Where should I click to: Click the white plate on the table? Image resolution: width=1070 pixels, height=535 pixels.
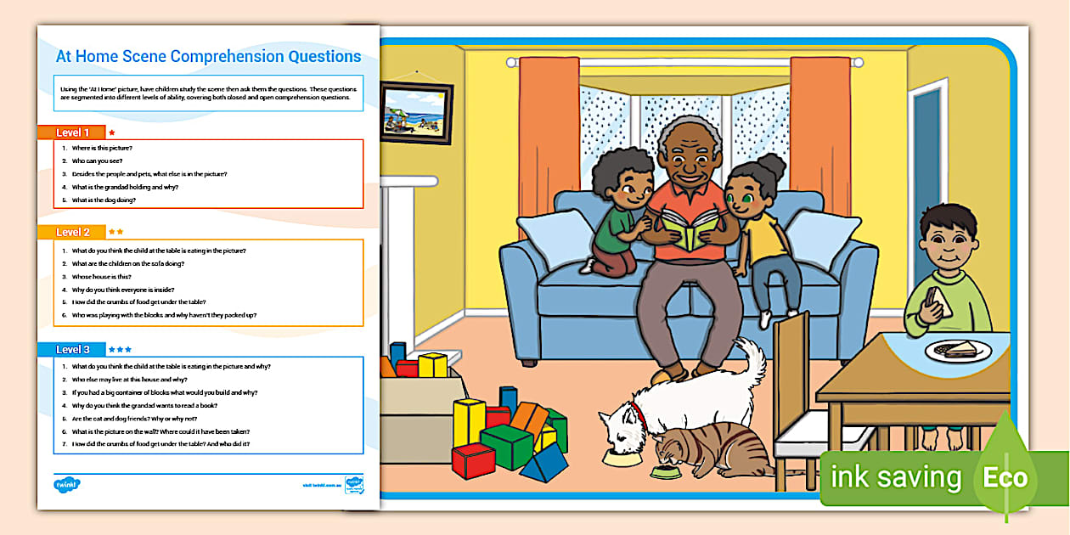tap(961, 349)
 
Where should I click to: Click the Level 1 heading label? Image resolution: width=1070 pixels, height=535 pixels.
tap(72, 132)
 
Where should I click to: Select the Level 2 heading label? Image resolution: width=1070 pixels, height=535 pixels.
tap(72, 232)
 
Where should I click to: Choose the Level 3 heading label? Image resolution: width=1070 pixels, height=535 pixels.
tap(72, 349)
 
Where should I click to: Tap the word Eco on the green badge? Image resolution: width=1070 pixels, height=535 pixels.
tap(1005, 477)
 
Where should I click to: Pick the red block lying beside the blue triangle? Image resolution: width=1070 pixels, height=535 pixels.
tap(473, 459)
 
